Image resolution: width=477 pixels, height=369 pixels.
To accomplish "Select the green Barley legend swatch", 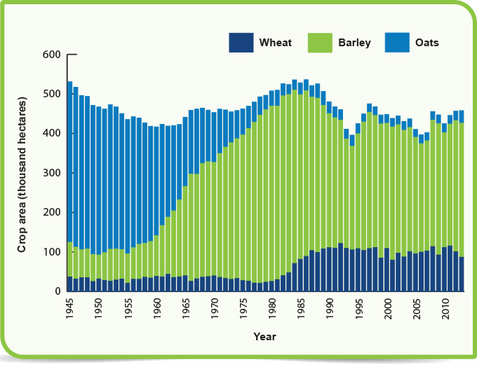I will (x=321, y=43).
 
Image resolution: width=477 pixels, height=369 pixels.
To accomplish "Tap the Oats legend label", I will (x=426, y=43).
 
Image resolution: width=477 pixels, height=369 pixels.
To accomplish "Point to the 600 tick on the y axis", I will (x=53, y=55).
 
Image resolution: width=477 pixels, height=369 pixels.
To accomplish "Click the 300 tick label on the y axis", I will (x=53, y=173).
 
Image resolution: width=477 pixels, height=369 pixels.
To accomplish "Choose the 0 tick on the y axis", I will (x=59, y=291).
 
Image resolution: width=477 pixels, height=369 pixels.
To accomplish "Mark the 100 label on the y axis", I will (x=53, y=252).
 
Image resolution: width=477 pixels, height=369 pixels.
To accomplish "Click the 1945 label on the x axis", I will (x=70, y=311).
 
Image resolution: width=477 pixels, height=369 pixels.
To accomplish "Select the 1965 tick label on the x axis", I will (x=185, y=311).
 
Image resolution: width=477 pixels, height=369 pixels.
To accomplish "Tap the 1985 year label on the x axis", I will (x=300, y=311).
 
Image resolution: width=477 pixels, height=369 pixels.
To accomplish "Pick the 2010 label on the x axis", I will (x=444, y=311).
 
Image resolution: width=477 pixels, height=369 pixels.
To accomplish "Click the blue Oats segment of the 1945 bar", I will (x=70, y=161).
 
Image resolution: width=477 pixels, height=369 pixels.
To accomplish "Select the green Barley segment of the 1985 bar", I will (x=300, y=175).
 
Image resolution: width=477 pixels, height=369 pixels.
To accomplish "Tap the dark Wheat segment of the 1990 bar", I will (x=329, y=270).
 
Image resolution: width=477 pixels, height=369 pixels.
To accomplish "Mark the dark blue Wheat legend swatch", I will (x=241, y=43).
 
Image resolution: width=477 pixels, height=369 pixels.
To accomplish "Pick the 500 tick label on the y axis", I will (x=53, y=94).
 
